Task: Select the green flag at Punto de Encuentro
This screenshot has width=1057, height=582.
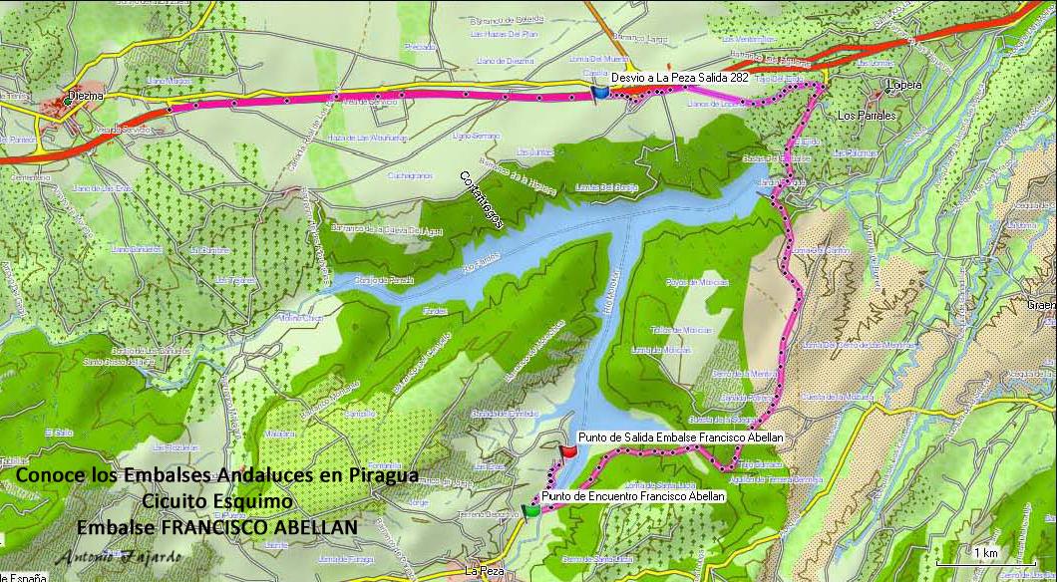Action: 530,509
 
